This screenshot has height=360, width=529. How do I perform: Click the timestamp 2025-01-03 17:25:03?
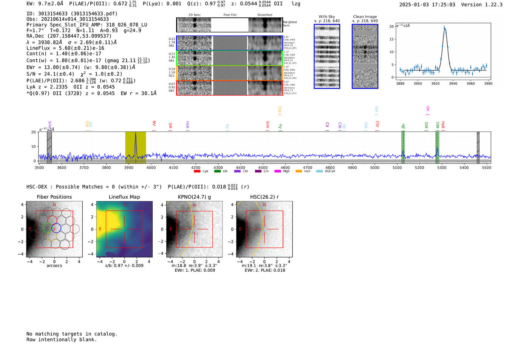click(427, 5)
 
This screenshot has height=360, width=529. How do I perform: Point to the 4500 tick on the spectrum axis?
click(263, 168)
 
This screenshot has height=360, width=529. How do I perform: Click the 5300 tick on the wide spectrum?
click(442, 168)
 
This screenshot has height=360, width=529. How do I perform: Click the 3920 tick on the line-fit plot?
click(435, 83)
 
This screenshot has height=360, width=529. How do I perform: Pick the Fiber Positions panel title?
click(54, 197)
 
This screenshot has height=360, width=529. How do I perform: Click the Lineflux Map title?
click(124, 197)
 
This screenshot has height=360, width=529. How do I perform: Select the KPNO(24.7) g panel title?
click(194, 197)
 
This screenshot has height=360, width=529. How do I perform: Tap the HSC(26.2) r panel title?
click(264, 197)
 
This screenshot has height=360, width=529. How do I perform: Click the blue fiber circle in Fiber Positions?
click(56, 228)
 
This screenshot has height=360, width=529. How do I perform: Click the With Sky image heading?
click(326, 17)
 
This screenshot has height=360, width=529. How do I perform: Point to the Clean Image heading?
click(365, 17)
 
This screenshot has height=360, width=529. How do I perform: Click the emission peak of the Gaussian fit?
click(444, 28)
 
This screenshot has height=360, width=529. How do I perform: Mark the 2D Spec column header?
click(195, 15)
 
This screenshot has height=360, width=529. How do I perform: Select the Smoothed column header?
click(264, 15)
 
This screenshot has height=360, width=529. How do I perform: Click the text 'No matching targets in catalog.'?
click(72, 334)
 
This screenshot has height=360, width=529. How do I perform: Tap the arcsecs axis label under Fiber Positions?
click(54, 266)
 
